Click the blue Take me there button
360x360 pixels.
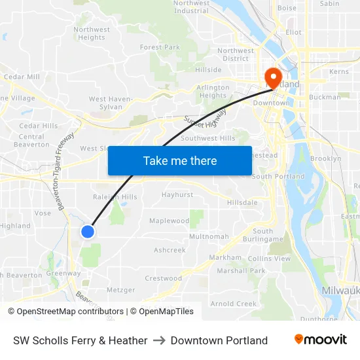tap(179, 160)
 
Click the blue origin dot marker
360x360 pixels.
tap(88, 231)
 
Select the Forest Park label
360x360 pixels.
tap(160, 47)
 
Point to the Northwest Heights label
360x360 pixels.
tap(92, 33)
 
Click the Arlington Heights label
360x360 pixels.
tap(213, 92)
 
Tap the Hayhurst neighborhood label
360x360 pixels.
tap(177, 195)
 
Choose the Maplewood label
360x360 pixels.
tap(169, 221)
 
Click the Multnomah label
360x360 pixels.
tap(209, 236)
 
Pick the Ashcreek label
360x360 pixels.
tap(170, 250)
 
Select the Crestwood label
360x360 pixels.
tap(163, 278)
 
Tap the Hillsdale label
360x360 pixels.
tap(242, 203)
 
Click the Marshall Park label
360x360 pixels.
tap(241, 271)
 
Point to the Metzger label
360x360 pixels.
tap(120, 290)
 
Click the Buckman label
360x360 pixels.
tap(325, 97)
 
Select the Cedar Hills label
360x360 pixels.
tap(39, 126)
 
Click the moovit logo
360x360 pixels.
tap(320, 340)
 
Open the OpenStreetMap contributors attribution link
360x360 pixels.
tap(66, 312)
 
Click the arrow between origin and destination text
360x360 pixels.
tap(159, 340)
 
